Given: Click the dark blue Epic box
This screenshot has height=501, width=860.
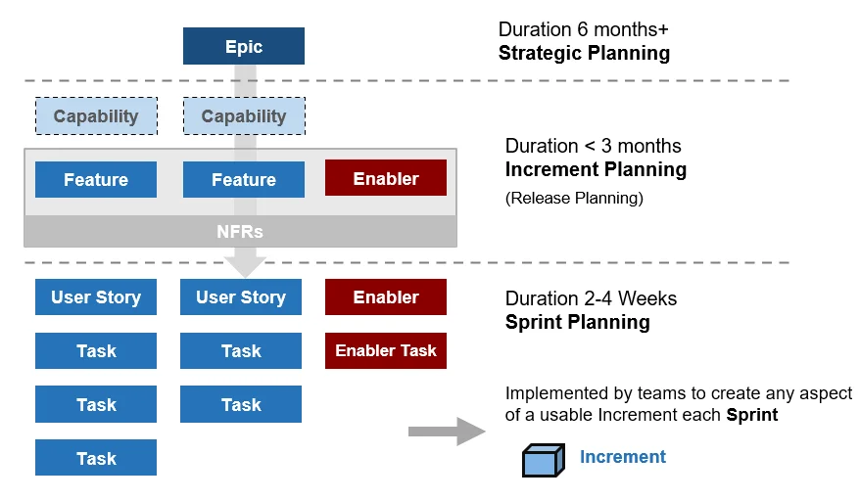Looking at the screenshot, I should coord(243,46).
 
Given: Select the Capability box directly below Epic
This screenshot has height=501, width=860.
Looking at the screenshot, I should coord(243,116).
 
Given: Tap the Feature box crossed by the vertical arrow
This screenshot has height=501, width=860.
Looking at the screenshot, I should coord(243,180).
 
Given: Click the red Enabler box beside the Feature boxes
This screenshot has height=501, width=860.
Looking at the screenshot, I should coord(385,179).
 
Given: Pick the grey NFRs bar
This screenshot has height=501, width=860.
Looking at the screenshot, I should coord(240,232).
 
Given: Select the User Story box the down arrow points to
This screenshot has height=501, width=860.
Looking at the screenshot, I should coord(241,297).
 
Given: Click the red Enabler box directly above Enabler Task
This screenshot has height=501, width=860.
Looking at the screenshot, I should coord(385,297).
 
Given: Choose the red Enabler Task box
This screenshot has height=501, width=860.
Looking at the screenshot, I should coord(385,350).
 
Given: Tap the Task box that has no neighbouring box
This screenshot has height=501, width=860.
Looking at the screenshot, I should coord(96,458).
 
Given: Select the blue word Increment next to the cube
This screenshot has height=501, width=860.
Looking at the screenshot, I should coord(622,457).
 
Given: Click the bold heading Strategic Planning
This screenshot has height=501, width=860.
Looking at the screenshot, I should coord(584,53).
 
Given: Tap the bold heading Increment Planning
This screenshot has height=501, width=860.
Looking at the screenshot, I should coord(596,170).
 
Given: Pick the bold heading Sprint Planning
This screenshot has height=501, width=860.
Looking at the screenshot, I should coord(577,322).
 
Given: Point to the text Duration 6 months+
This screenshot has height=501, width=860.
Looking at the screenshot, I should coord(584,29).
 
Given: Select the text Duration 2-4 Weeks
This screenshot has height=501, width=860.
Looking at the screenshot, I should coord(591,298).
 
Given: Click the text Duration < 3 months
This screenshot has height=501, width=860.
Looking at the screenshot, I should coord(593,147).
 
